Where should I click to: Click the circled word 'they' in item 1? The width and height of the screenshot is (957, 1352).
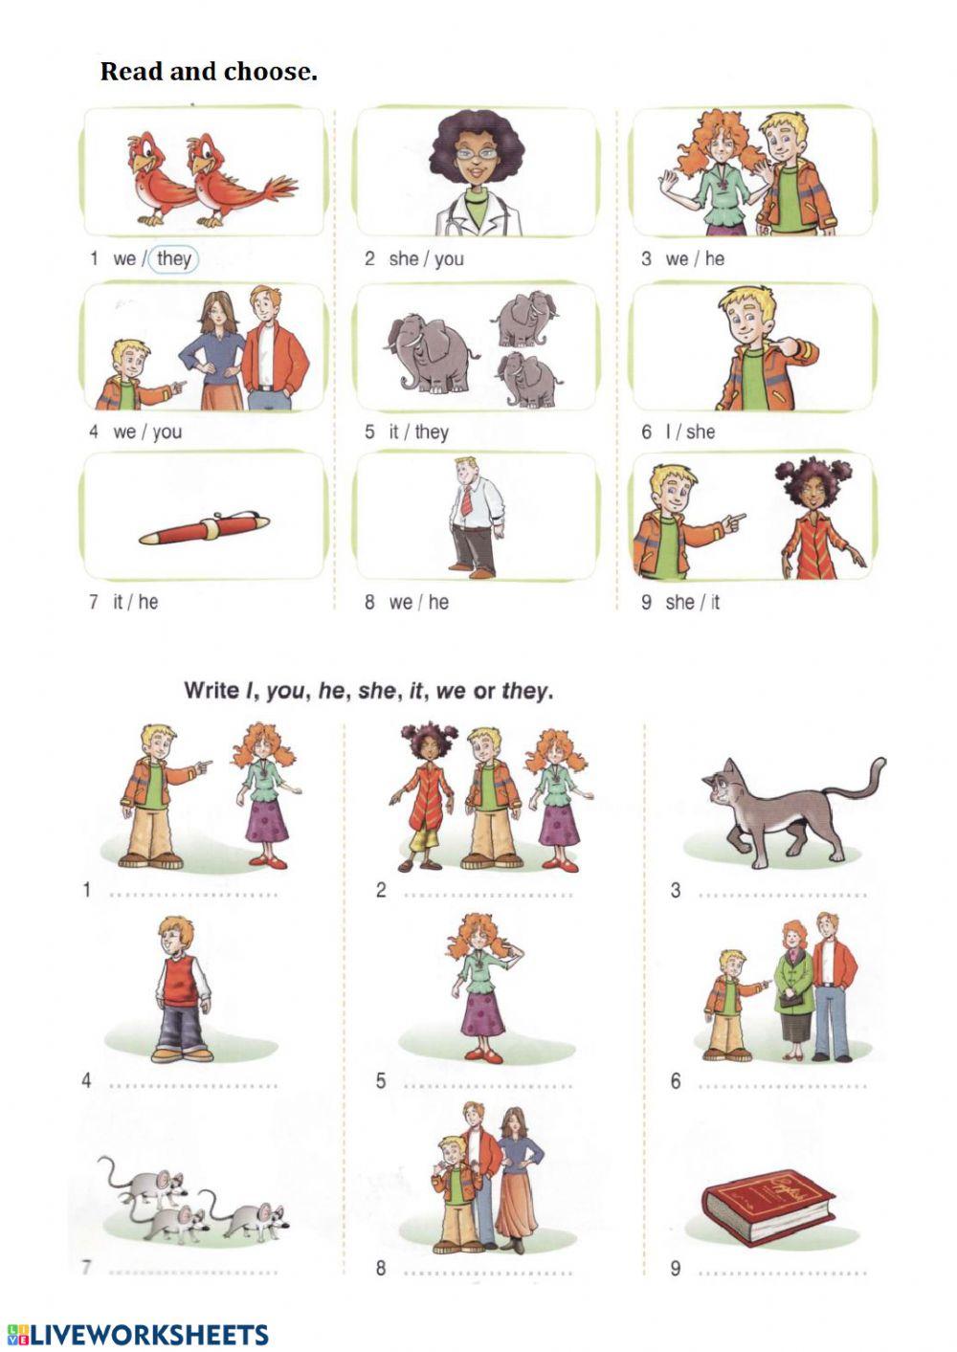pos(174,258)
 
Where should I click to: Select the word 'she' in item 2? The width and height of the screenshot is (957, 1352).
pos(403,258)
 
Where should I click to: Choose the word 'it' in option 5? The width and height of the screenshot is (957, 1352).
pos(393,432)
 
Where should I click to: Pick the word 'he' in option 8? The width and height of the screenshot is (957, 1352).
pos(438,602)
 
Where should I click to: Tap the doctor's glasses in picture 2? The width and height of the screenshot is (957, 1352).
pos(475,152)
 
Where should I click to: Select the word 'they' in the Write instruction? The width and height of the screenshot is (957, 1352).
pos(523,690)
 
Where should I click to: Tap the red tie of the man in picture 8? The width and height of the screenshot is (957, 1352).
pos(466,499)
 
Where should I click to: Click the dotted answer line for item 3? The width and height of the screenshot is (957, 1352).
pos(782,895)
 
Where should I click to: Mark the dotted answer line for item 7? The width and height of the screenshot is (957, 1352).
pos(194,1272)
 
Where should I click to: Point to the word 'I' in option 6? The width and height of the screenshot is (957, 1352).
pos(669,432)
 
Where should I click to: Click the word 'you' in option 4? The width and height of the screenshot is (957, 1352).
pos(167,432)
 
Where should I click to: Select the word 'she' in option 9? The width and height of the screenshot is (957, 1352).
pos(679,602)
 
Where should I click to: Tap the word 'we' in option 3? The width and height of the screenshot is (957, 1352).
pos(677,258)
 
